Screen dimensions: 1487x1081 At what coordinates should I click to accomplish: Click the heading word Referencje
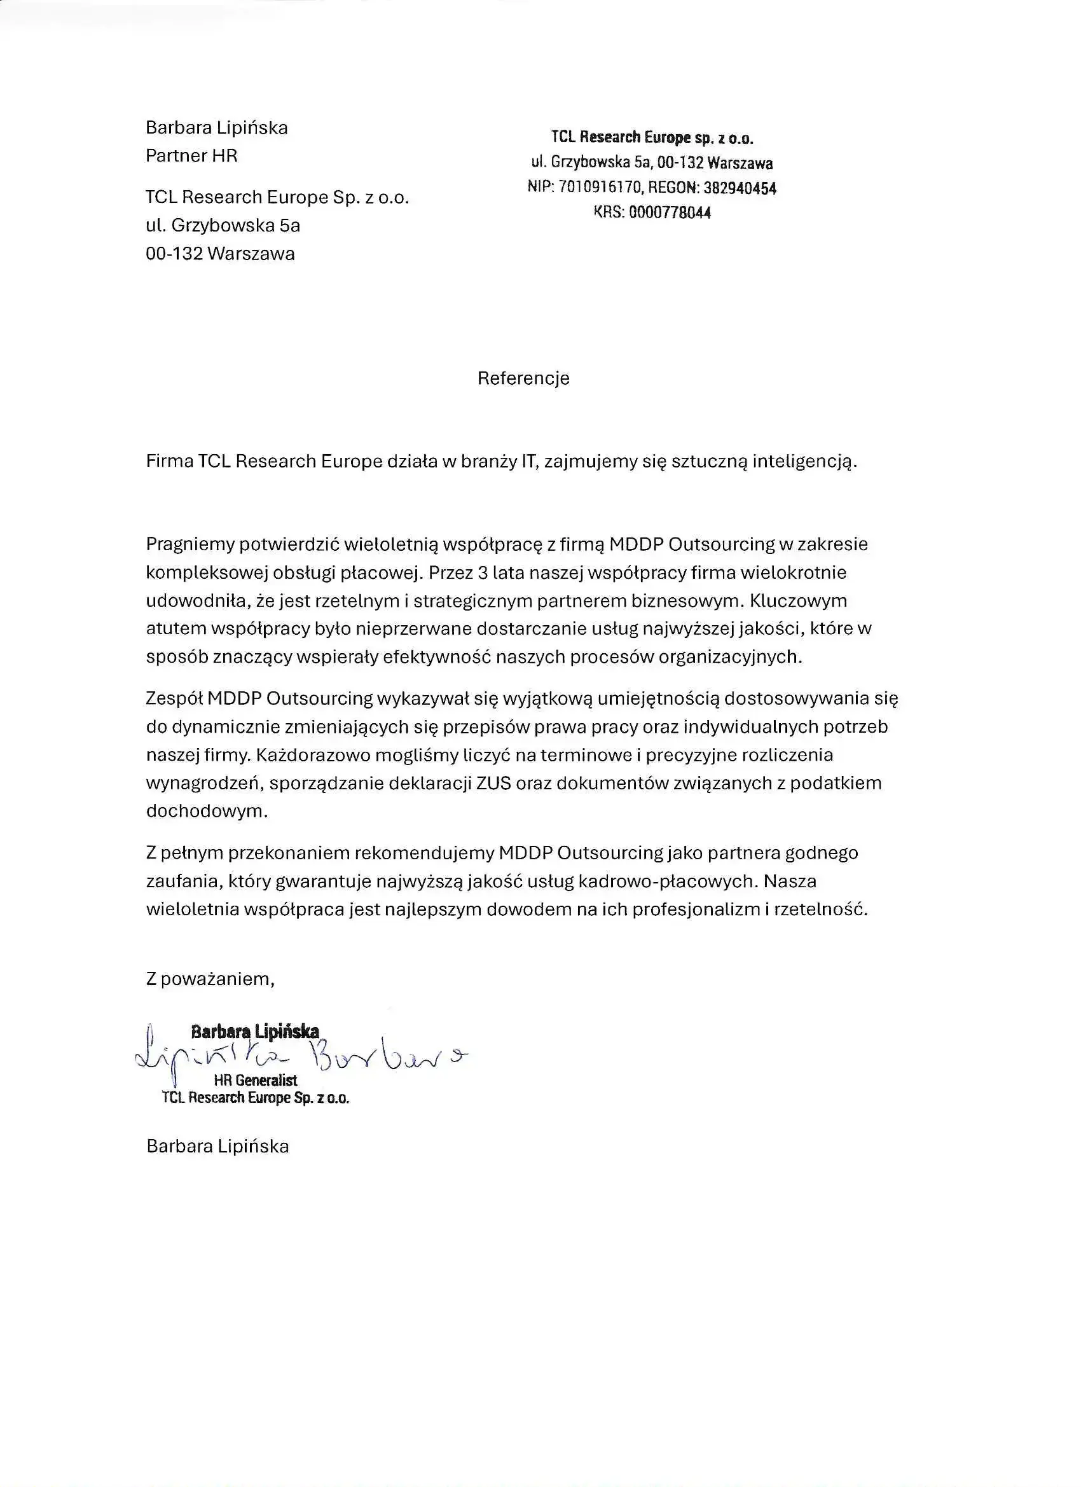[x=523, y=378]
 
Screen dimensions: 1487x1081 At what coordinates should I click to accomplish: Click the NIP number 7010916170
[x=600, y=188]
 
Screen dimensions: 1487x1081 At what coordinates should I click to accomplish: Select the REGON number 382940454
[x=740, y=188]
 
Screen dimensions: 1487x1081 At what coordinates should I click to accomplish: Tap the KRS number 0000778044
[x=670, y=212]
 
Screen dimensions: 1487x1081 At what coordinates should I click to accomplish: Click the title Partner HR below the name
[x=191, y=155]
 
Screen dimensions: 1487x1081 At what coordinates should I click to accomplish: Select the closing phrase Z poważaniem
[x=210, y=979]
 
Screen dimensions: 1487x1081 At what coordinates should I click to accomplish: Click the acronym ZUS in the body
[x=493, y=783]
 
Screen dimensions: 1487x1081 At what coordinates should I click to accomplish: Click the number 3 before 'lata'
[x=483, y=572]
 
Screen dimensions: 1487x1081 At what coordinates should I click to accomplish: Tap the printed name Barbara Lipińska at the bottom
[x=217, y=1146]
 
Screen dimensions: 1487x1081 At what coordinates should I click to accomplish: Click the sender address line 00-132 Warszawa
[x=220, y=254]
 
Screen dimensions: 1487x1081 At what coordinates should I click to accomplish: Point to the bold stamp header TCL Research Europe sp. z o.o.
[x=652, y=137]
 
